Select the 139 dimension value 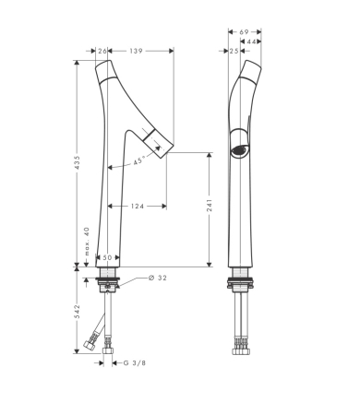[136, 51]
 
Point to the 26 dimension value [102, 51]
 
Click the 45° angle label [139, 160]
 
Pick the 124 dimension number [138, 206]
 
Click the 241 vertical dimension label [210, 205]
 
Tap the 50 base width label [107, 257]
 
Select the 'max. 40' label [87, 241]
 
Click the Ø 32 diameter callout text [158, 278]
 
